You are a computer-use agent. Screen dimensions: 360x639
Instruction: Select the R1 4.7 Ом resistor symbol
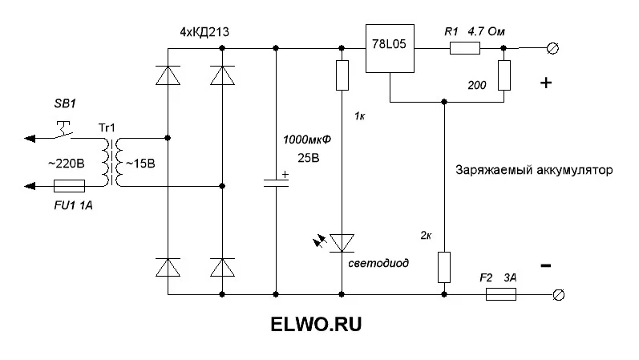coord(465,49)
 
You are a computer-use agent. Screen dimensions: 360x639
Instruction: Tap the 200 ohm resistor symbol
coord(504,75)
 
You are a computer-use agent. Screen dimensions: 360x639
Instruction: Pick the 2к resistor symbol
coord(443,267)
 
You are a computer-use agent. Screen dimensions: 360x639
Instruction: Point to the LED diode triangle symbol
coord(342,241)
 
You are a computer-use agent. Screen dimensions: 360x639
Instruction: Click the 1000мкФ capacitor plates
coord(276,182)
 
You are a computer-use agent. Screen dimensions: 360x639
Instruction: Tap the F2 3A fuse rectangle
coord(500,294)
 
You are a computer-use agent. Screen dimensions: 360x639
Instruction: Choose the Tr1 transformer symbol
coord(110,161)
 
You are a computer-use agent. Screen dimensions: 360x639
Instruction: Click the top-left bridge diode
coord(168,75)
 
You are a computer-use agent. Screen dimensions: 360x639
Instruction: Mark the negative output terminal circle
coord(560,294)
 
